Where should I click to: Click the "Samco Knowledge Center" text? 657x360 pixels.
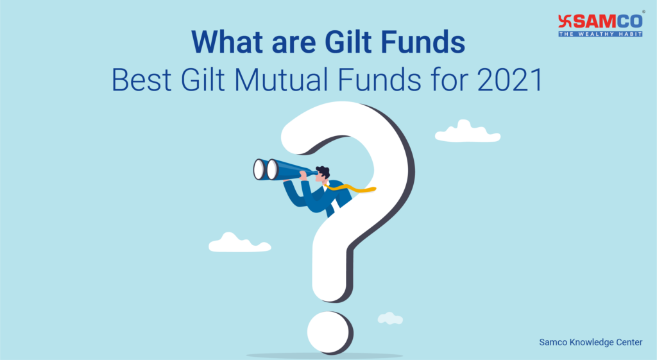coord(590,342)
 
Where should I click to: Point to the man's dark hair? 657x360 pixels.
coord(323,171)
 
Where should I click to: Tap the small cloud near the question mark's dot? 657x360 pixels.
coord(389,318)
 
